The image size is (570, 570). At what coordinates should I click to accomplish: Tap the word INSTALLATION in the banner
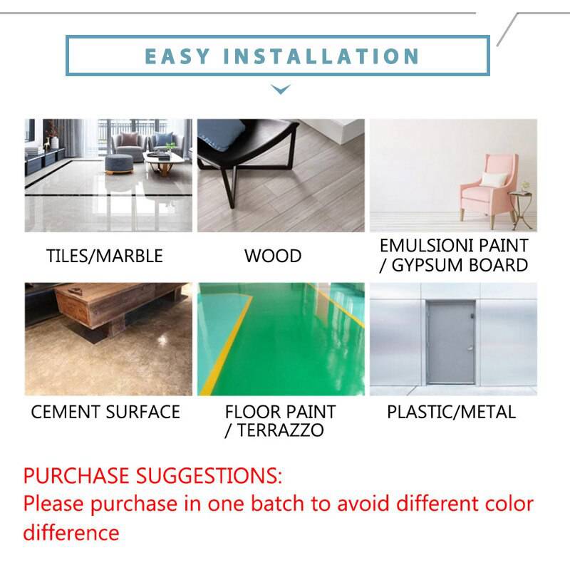coord(322,56)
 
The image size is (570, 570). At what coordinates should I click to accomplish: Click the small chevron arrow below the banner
coord(281,90)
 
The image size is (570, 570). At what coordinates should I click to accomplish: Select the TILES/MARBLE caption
coord(105,256)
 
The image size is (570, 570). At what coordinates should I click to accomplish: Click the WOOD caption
coord(273,256)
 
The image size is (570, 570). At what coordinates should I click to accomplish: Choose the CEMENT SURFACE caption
coord(105,412)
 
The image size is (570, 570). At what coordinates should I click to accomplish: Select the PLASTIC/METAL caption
coord(451,412)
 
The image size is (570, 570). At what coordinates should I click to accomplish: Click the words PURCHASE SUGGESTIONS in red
coord(152,475)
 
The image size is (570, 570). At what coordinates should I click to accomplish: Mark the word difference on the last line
coord(71,532)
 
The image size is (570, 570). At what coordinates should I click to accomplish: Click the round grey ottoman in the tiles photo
coord(119,163)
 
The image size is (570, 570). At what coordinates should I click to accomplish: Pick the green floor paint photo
coord(281,339)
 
